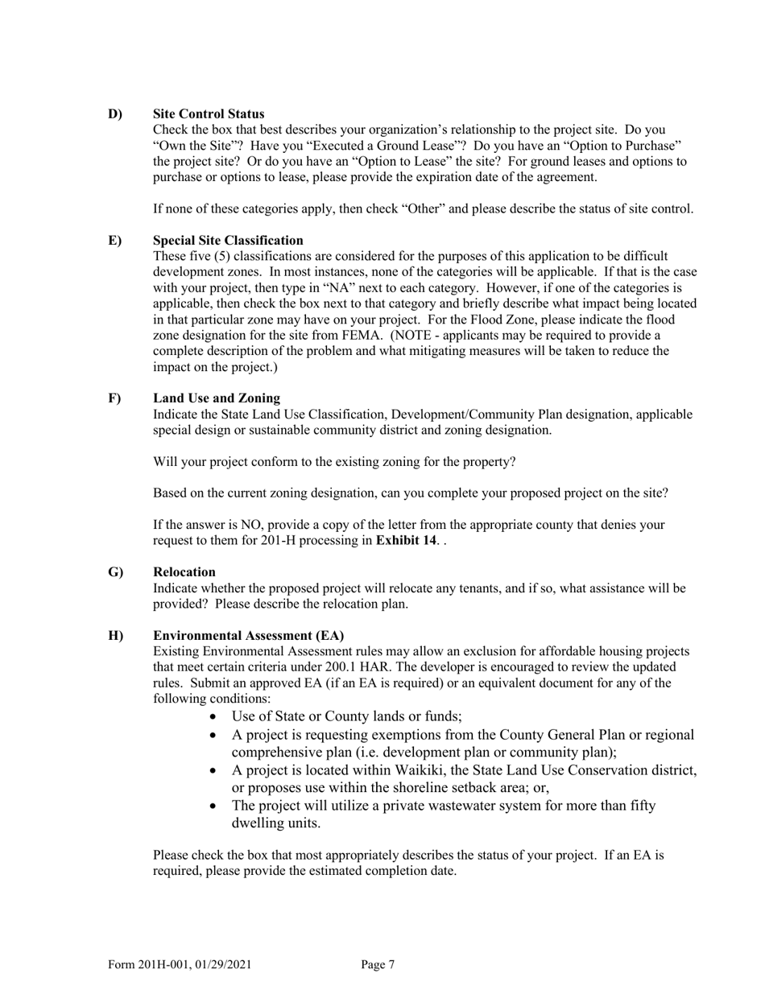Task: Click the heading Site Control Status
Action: (x=209, y=113)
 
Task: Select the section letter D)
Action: (x=115, y=113)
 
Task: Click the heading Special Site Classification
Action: (x=228, y=240)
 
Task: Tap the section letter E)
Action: (x=114, y=240)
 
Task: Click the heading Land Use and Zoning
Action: (x=217, y=398)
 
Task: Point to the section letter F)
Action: (x=114, y=398)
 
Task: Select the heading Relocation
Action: (x=184, y=571)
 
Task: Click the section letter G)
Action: (x=115, y=571)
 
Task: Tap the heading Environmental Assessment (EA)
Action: (x=249, y=635)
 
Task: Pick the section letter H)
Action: (x=115, y=635)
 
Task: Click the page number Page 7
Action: (x=378, y=964)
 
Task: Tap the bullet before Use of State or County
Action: (x=213, y=716)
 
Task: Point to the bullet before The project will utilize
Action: (x=213, y=805)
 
